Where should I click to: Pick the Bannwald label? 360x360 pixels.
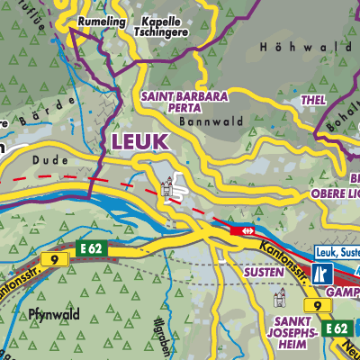tap(200, 120)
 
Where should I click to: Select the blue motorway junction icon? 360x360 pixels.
tap(323, 272)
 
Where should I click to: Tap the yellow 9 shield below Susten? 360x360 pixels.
tap(314, 308)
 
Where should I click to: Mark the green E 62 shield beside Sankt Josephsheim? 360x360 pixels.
tap(337, 328)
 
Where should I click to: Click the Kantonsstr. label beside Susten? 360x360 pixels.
tap(276, 250)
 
